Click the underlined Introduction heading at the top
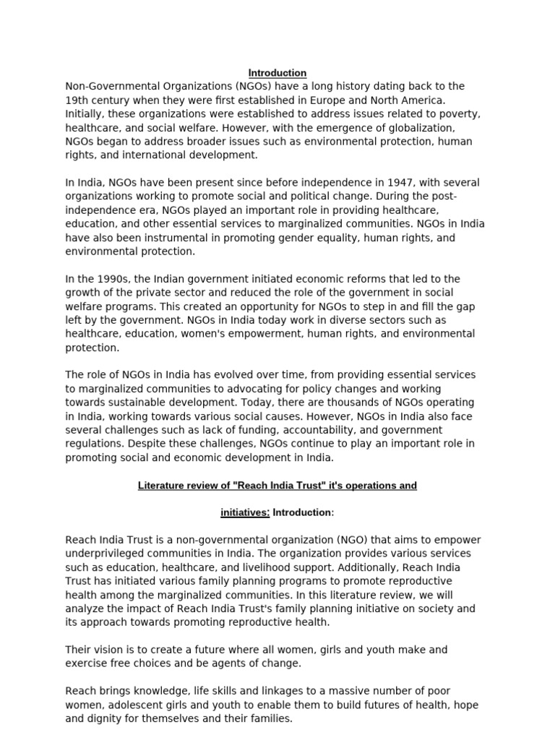tap(277, 73)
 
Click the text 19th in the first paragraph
tap(77, 100)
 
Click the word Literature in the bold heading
tap(160, 486)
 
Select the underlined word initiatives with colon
tap(245, 512)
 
